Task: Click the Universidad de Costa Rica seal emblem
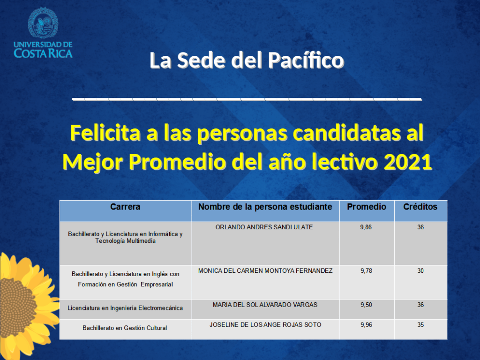point(43,23)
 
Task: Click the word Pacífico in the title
point(306,60)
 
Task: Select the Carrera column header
point(125,207)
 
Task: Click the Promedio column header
point(367,207)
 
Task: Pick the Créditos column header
point(420,207)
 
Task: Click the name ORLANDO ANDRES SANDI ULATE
point(264,227)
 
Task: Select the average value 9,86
point(366,227)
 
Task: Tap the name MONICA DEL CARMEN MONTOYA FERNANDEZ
point(265,270)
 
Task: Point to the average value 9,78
point(367,270)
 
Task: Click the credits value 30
point(420,270)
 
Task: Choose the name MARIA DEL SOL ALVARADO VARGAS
point(265,305)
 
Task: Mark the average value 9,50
point(367,305)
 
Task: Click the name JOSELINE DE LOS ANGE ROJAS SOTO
point(265,325)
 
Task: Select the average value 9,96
point(367,325)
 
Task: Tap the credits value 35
point(420,325)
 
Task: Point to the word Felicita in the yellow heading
point(105,133)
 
